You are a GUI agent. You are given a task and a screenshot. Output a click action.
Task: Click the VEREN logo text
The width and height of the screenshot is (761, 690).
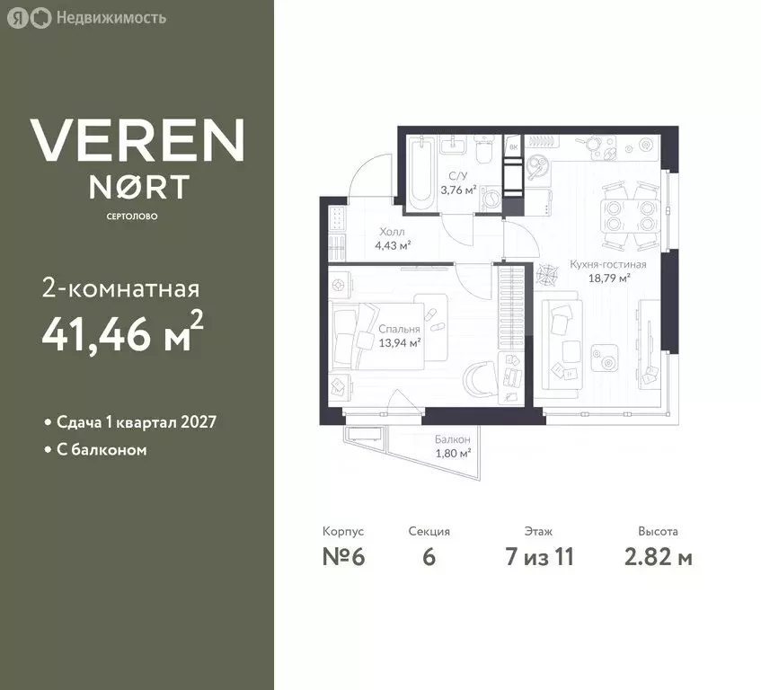pyautogui.click(x=137, y=140)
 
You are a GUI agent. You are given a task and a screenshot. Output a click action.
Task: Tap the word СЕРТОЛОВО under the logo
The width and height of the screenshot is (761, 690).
pyautogui.click(x=132, y=217)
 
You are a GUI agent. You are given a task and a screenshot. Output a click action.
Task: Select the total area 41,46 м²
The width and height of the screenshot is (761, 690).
pyautogui.click(x=122, y=332)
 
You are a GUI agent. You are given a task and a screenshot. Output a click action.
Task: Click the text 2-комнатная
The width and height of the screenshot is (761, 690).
pyautogui.click(x=121, y=288)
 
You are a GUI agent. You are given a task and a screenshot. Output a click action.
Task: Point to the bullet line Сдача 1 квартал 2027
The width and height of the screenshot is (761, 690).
pyautogui.click(x=131, y=421)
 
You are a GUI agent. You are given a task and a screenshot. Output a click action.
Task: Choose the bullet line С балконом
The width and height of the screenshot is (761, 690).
pyautogui.click(x=95, y=450)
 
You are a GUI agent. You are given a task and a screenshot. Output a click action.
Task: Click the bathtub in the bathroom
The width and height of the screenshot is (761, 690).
pyautogui.click(x=420, y=174)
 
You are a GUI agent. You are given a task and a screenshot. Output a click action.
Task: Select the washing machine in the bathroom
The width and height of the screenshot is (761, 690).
pyautogui.click(x=491, y=199)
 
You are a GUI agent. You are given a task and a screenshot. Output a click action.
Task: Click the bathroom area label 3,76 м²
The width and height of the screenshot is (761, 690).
pyautogui.click(x=458, y=190)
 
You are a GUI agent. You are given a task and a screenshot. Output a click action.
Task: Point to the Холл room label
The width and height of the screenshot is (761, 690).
pyautogui.click(x=392, y=232)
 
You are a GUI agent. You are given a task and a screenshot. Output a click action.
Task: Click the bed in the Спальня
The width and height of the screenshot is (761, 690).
pyautogui.click(x=376, y=336)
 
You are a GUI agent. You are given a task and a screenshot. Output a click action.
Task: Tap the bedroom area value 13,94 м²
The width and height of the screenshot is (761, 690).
pyautogui.click(x=400, y=343)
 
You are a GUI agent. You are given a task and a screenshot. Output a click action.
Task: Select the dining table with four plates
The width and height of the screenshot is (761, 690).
pyautogui.click(x=631, y=216)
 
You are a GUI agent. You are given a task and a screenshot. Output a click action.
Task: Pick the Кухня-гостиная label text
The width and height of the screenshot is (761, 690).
pyautogui.click(x=608, y=264)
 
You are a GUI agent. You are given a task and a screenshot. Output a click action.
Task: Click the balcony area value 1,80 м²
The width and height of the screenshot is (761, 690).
pyautogui.click(x=453, y=454)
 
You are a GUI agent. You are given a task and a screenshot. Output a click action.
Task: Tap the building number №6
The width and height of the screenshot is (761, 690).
pyautogui.click(x=343, y=556)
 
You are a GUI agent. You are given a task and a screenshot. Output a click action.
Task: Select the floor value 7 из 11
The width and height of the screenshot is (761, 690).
pyautogui.click(x=539, y=556)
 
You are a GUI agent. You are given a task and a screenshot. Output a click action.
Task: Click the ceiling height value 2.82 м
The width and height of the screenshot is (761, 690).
pyautogui.click(x=658, y=556)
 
